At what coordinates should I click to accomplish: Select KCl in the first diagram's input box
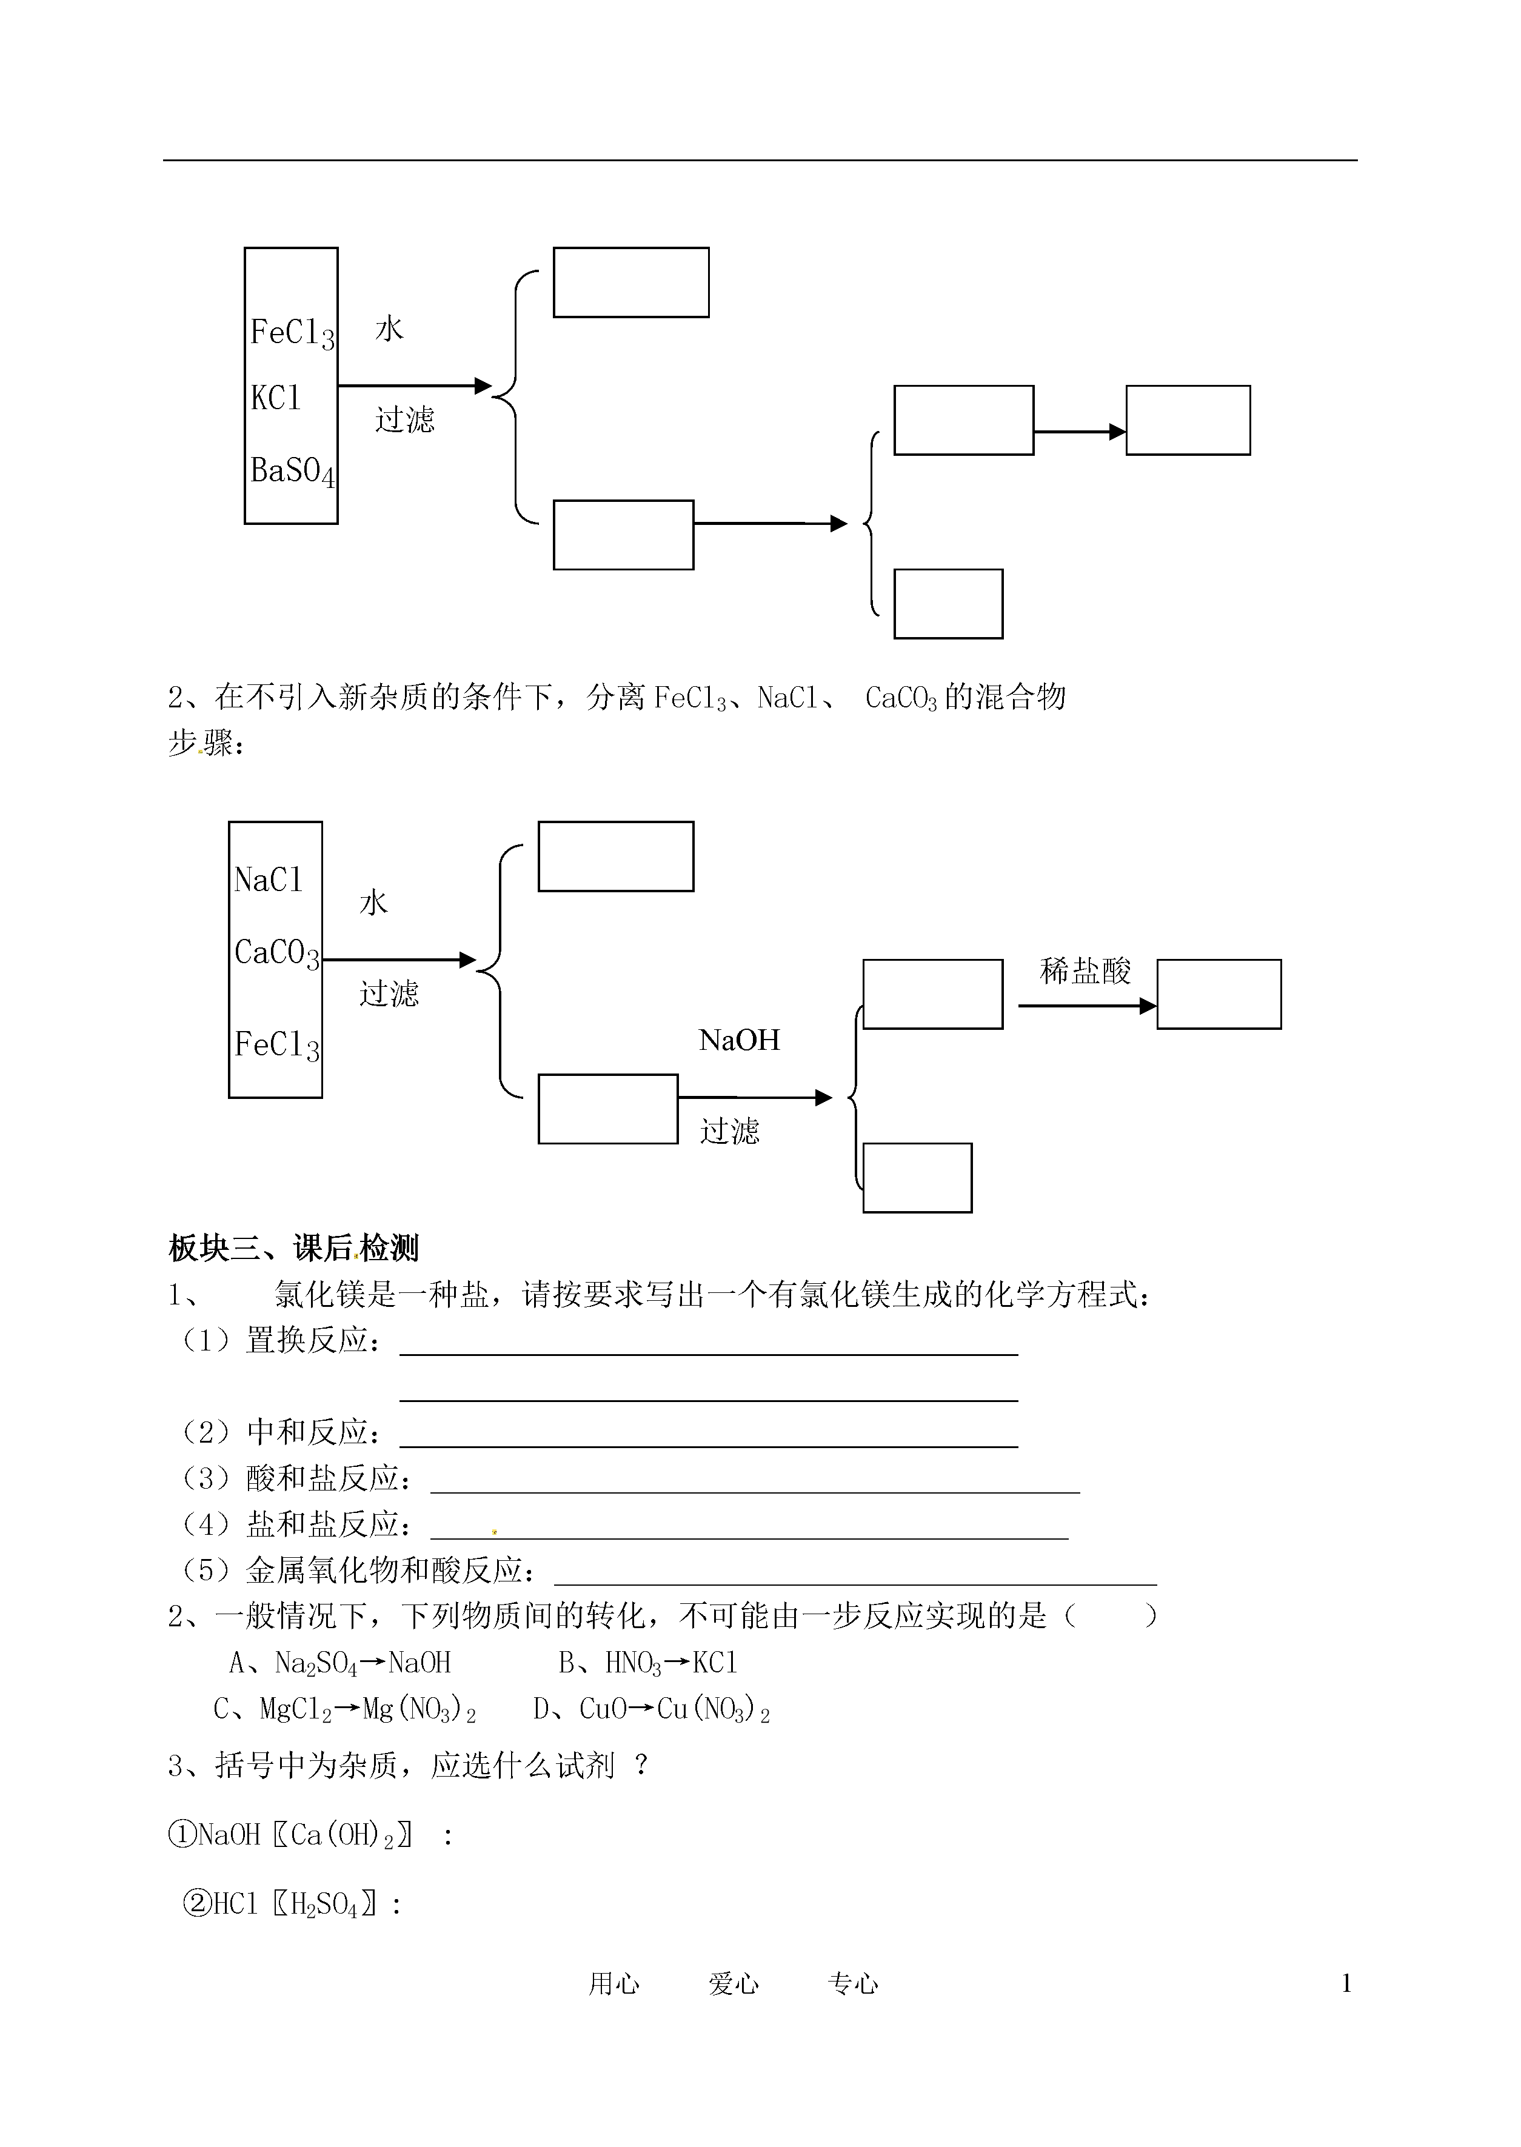click(275, 398)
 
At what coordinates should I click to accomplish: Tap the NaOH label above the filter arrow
click(739, 1040)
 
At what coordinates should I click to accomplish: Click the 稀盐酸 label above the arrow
click(1086, 971)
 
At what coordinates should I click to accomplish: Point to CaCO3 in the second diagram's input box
click(277, 953)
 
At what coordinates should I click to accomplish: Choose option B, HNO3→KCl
click(648, 1663)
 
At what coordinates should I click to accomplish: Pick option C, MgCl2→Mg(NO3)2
click(345, 1710)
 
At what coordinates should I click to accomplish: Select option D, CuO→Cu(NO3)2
click(652, 1710)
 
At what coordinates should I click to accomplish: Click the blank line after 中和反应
click(709, 1447)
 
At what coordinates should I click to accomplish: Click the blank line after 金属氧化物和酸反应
click(855, 1584)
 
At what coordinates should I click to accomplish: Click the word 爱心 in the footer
click(734, 1983)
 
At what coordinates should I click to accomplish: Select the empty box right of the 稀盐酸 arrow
click(1218, 994)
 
